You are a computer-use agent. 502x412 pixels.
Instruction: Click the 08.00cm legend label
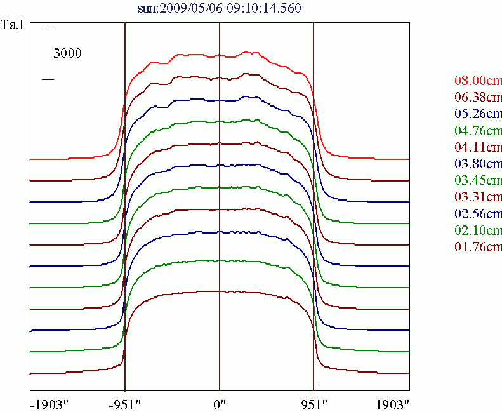click(478, 81)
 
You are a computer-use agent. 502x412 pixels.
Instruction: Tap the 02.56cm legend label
click(478, 213)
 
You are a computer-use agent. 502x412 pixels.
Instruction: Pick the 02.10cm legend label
click(478, 229)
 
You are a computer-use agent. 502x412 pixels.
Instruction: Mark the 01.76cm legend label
click(478, 246)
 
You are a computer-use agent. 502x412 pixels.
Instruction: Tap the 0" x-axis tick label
click(220, 404)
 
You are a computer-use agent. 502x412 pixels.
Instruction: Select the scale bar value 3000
click(67, 54)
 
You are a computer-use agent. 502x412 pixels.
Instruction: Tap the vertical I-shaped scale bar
click(48, 54)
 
